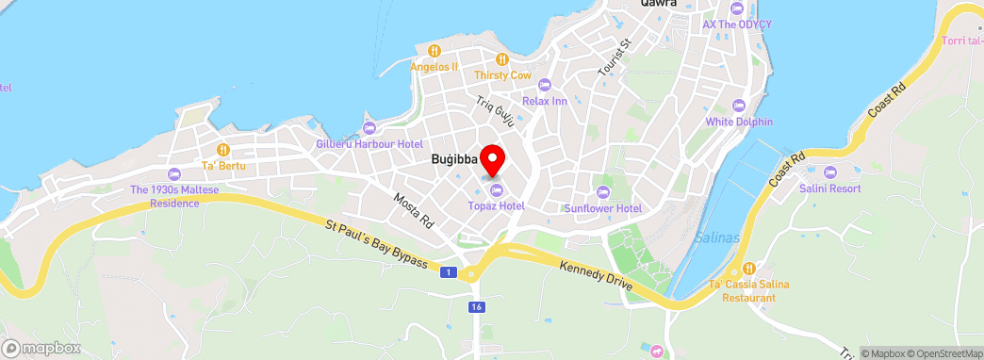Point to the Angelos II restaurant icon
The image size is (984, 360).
[x=434, y=51]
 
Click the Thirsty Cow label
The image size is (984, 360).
[x=502, y=74]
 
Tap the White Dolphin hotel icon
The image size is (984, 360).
[x=739, y=106]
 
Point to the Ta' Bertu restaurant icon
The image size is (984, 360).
[x=222, y=149]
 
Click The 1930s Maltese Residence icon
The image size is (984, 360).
[x=173, y=174]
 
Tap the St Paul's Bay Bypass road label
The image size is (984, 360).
[x=377, y=244]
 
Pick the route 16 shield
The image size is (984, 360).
[x=479, y=306]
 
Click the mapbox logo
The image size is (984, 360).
[x=41, y=348]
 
